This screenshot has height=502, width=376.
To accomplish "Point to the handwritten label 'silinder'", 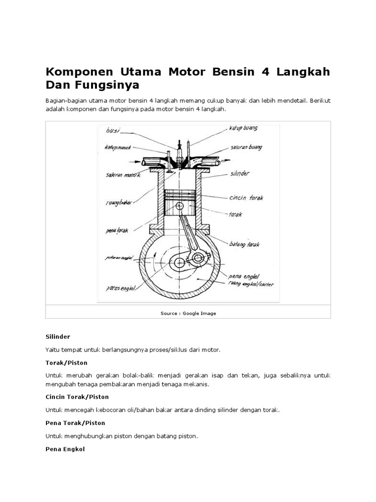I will (x=239, y=174).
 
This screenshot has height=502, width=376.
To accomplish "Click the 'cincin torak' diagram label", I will (x=246, y=198).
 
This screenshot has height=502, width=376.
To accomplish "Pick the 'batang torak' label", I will (x=244, y=244).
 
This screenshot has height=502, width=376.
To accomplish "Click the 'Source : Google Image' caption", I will (x=188, y=313).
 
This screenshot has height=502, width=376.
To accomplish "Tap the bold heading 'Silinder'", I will (x=58, y=337).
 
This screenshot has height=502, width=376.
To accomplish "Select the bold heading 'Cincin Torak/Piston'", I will (x=77, y=397).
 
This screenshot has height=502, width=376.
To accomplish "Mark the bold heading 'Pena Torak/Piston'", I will (x=75, y=423).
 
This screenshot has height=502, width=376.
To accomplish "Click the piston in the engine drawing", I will (x=183, y=202).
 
